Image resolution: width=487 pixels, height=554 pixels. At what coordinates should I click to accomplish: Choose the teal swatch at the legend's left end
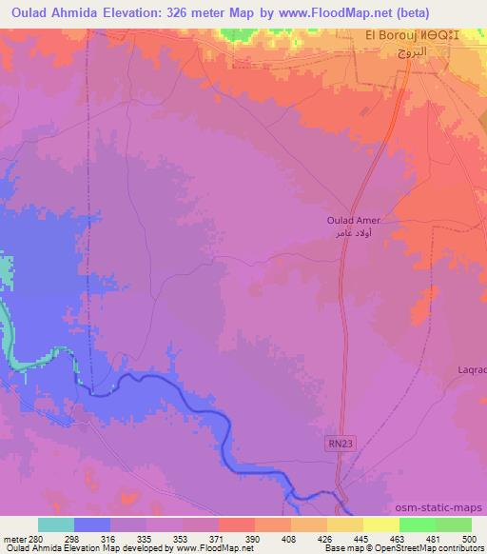55,524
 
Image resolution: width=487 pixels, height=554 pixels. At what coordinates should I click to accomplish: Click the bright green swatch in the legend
418,524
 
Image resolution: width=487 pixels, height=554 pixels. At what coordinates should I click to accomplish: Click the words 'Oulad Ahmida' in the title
51,12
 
